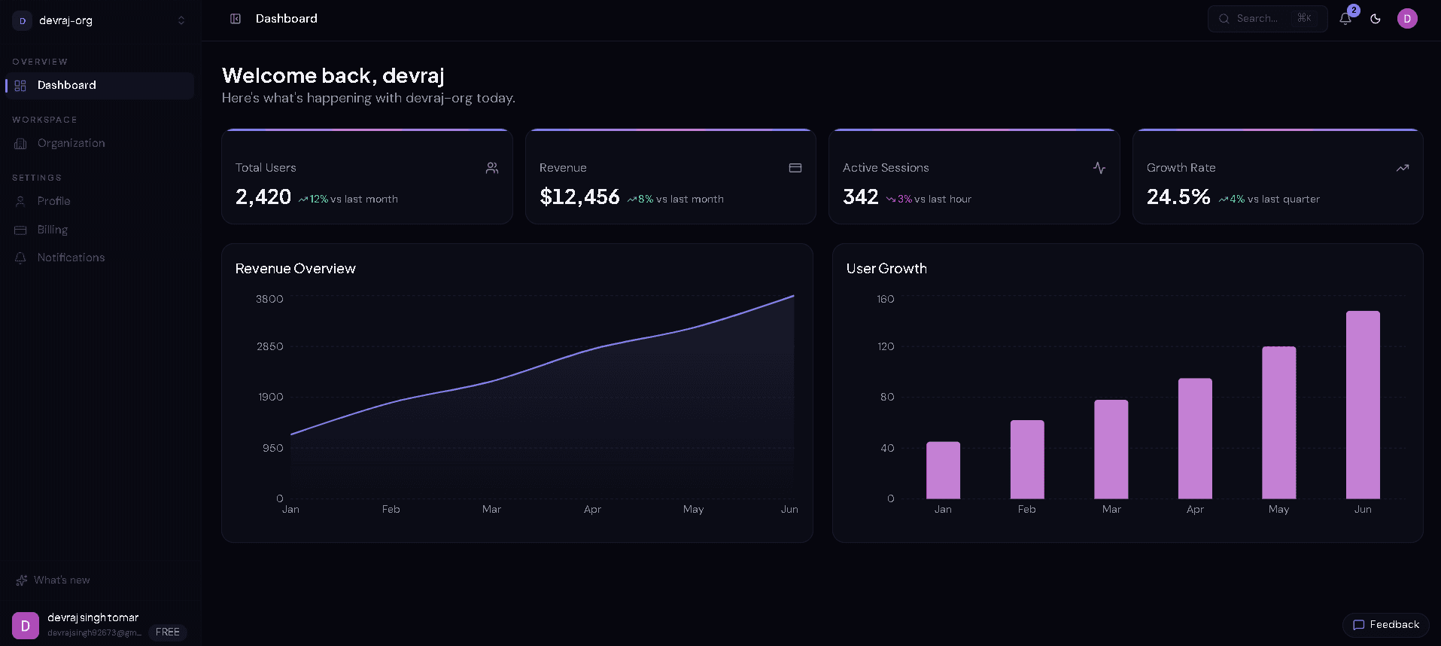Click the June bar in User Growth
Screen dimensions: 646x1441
pyautogui.click(x=1362, y=405)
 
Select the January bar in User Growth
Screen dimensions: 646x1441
pyautogui.click(x=943, y=471)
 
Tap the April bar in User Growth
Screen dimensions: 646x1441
pyautogui.click(x=1195, y=438)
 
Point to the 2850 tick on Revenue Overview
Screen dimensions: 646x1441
pyautogui.click(x=269, y=346)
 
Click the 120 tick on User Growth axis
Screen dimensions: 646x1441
pyautogui.click(x=886, y=346)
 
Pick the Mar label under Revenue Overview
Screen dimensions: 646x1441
pyautogui.click(x=491, y=510)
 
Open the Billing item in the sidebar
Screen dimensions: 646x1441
pyautogui.click(x=53, y=230)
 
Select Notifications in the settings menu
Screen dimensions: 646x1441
pyautogui.click(x=71, y=257)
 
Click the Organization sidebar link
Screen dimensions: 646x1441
pyautogui.click(x=71, y=143)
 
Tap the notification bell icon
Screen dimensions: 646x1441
pyautogui.click(x=1345, y=19)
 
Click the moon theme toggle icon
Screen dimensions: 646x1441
pyautogui.click(x=1376, y=19)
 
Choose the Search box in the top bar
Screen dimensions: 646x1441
pyautogui.click(x=1266, y=19)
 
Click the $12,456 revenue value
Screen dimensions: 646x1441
pyautogui.click(x=579, y=197)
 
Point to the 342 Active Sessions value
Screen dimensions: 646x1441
pyautogui.click(x=860, y=197)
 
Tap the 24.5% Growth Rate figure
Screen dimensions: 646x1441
pyautogui.click(x=1178, y=197)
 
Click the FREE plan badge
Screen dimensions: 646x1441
pyautogui.click(x=167, y=632)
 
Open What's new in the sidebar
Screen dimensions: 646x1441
pyautogui.click(x=62, y=580)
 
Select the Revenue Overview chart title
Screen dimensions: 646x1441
pyautogui.click(x=295, y=269)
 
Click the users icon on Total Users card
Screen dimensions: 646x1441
pyautogui.click(x=492, y=168)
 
